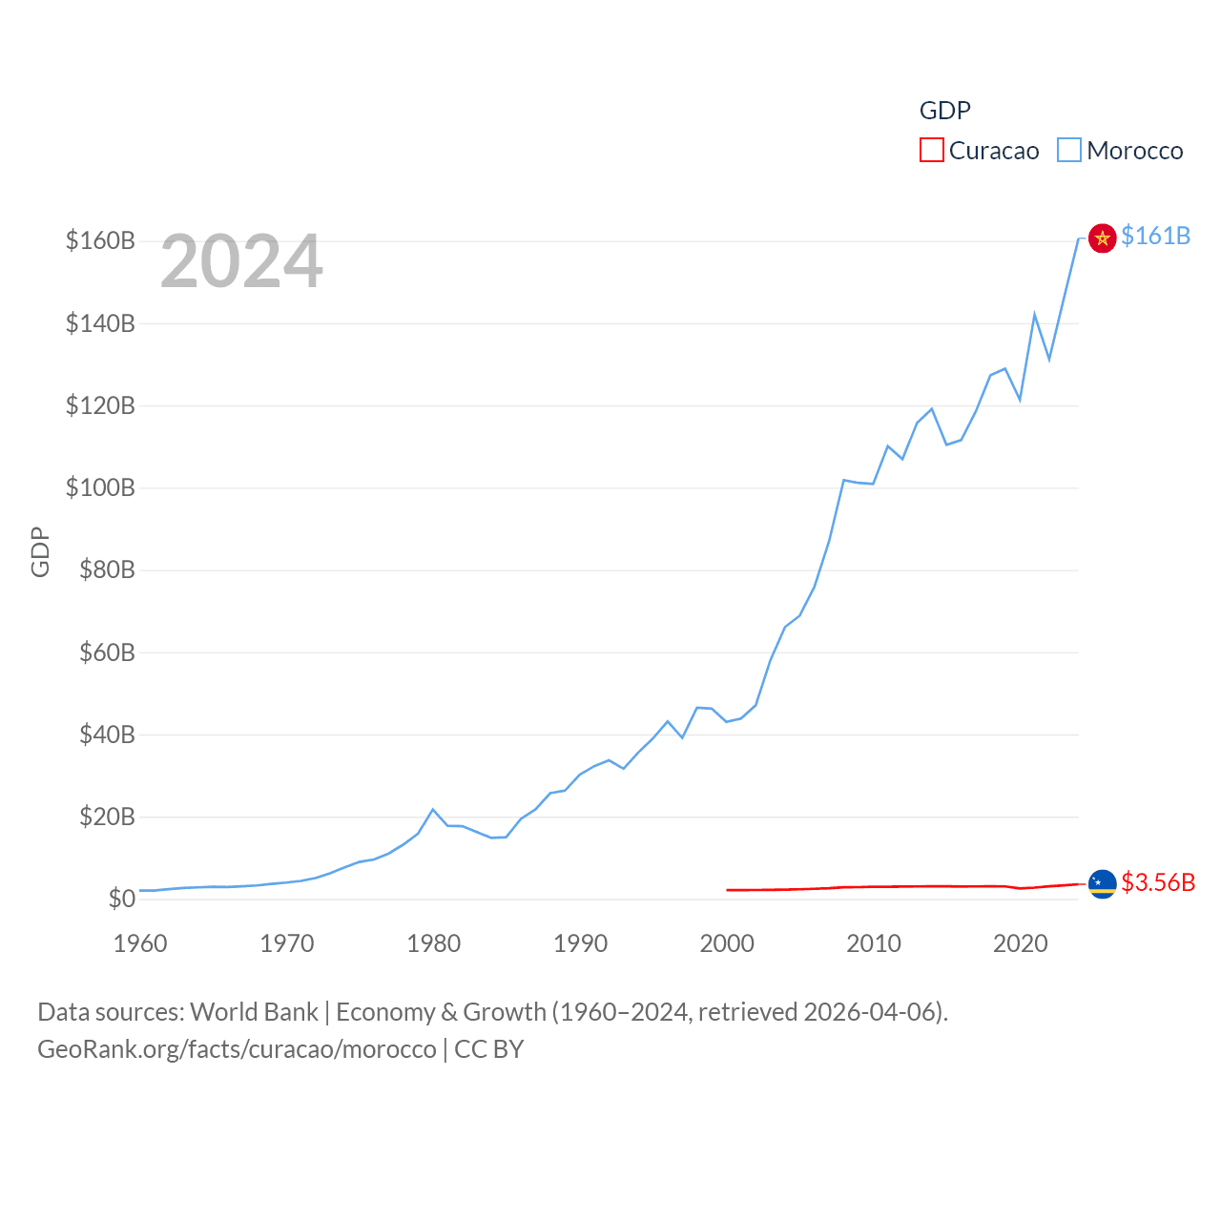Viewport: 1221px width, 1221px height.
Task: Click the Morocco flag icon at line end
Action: [x=1102, y=238]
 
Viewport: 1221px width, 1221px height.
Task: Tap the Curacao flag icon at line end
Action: [x=1102, y=884]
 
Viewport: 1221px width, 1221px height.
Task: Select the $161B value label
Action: [x=1155, y=236]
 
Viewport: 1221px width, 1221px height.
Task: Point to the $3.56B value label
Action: [x=1158, y=882]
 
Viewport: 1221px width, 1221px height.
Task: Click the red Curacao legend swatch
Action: [x=931, y=151]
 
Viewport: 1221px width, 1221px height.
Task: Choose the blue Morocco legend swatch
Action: [x=1069, y=151]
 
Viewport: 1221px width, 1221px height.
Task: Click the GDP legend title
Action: [x=944, y=111]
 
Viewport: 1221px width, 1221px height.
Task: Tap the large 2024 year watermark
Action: [x=241, y=261]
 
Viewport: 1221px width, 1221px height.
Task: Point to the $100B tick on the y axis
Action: [x=100, y=488]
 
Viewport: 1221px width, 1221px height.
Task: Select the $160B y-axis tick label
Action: [x=100, y=240]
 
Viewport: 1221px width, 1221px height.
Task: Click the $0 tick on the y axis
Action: [x=120, y=899]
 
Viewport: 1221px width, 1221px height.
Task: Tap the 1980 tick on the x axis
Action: [x=433, y=943]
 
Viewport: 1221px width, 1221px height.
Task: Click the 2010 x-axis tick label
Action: [x=873, y=943]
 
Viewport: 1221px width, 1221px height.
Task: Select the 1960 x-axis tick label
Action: [x=140, y=943]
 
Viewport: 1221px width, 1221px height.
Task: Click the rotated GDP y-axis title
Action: [x=40, y=551]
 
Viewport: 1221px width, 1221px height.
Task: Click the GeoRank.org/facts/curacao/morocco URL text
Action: [x=237, y=1049]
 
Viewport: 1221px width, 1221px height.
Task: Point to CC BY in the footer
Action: [x=488, y=1049]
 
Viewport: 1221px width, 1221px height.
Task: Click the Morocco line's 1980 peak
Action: [x=433, y=810]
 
